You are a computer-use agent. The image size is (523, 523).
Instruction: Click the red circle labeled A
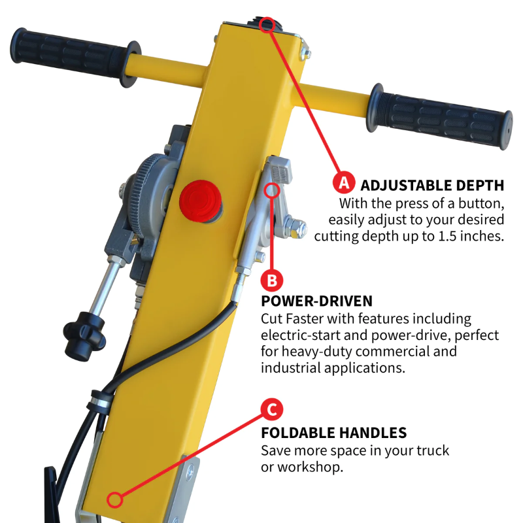coord(343,182)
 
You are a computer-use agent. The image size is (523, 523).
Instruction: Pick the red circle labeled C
coord(272,410)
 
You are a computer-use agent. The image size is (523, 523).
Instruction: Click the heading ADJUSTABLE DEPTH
coord(432,184)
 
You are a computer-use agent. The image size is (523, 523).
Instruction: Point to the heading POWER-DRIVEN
coord(316,301)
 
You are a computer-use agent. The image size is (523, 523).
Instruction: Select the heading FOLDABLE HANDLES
coord(333,432)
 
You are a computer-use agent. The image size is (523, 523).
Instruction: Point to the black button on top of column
coord(267,25)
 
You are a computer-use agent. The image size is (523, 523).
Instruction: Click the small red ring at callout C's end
coord(115,500)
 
